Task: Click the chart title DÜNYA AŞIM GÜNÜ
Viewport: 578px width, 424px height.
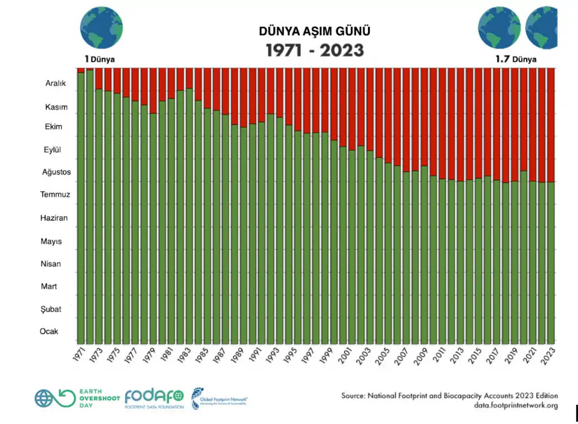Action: pyautogui.click(x=314, y=31)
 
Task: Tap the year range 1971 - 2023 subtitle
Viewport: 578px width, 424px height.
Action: pyautogui.click(x=314, y=50)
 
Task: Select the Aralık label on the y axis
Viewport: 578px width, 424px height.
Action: pyautogui.click(x=56, y=83)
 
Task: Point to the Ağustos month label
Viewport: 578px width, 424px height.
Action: pyautogui.click(x=56, y=172)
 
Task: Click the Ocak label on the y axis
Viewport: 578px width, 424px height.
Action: pyautogui.click(x=49, y=331)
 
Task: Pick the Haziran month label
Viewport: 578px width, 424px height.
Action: pyautogui.click(x=54, y=218)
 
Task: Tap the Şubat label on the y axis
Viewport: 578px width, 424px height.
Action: pyautogui.click(x=51, y=309)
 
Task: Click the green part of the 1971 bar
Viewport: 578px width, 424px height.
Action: pyautogui.click(x=81, y=209)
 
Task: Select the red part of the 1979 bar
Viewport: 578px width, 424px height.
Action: pyautogui.click(x=153, y=90)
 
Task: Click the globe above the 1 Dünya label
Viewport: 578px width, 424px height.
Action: pyautogui.click(x=101, y=28)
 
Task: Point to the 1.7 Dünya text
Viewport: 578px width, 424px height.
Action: pyautogui.click(x=516, y=59)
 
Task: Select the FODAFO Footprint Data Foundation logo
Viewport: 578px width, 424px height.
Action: pyautogui.click(x=154, y=399)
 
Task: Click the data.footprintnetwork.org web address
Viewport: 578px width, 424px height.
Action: pyautogui.click(x=515, y=405)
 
